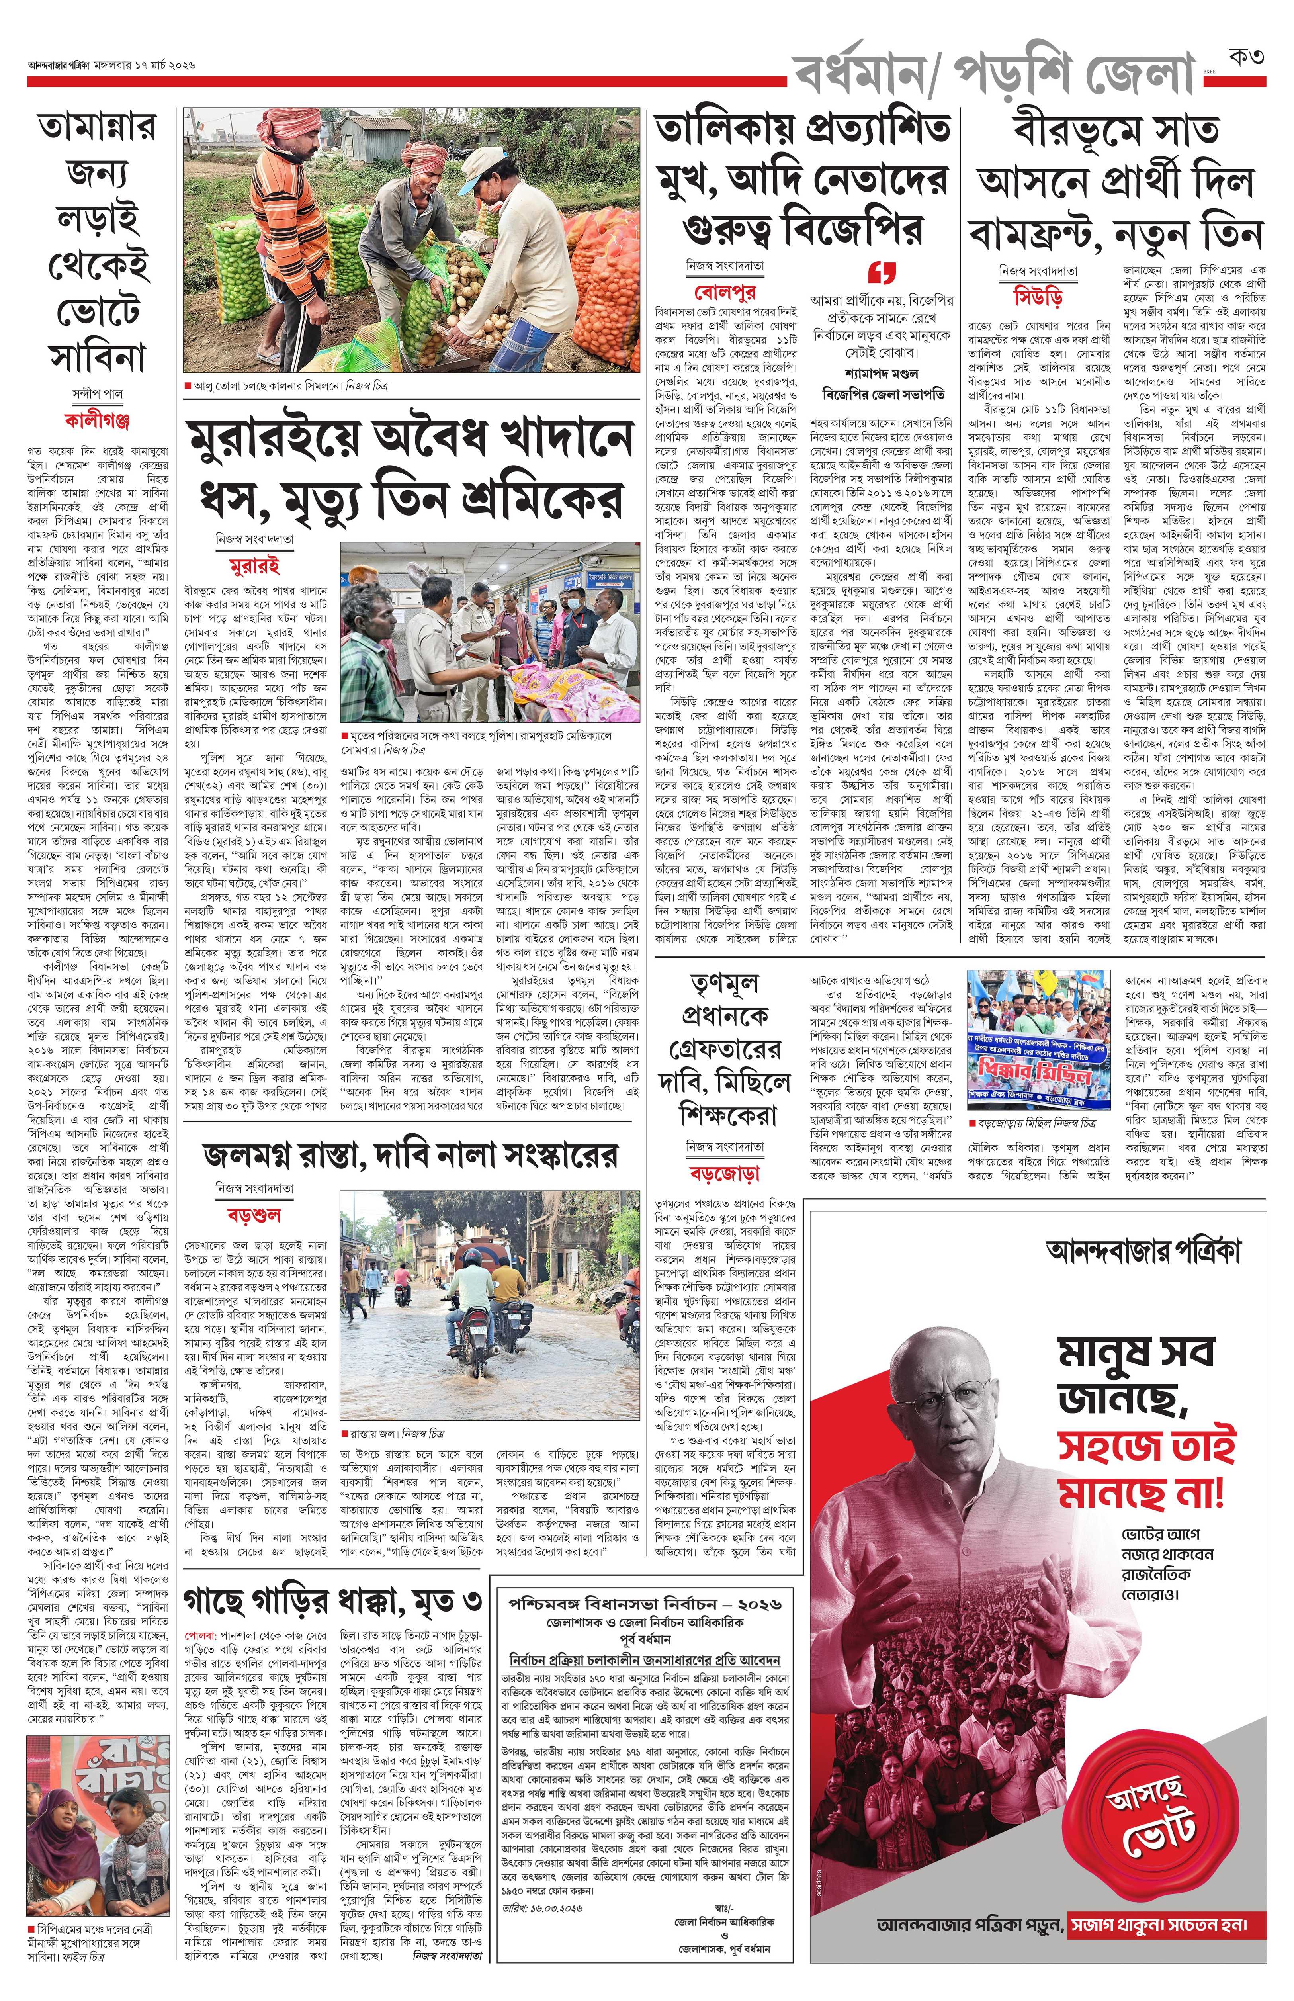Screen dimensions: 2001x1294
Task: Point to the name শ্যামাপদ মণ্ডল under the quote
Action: pos(882,373)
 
